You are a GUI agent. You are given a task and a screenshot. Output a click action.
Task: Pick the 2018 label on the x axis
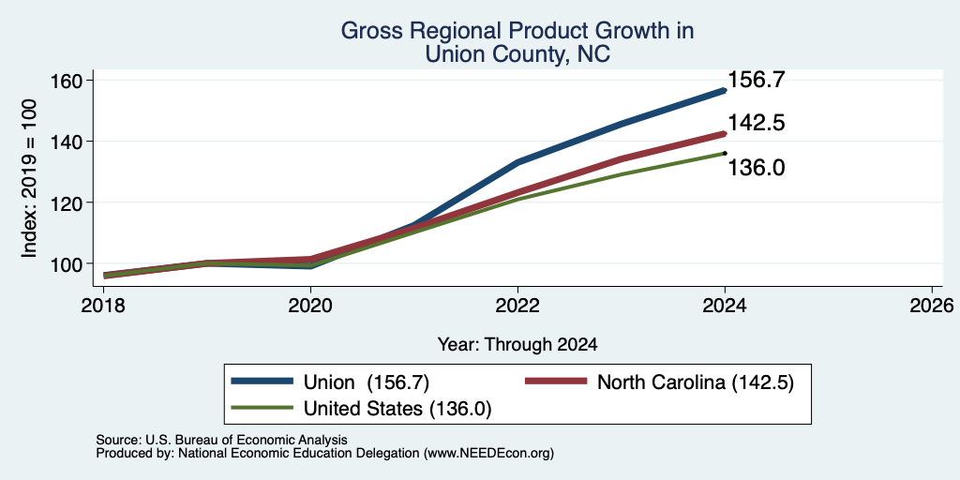click(x=103, y=305)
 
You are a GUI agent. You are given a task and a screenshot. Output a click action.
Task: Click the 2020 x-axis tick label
click(x=310, y=305)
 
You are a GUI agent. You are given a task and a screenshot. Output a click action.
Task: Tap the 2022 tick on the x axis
click(x=517, y=305)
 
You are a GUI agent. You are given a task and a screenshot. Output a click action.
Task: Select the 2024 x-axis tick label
click(x=725, y=305)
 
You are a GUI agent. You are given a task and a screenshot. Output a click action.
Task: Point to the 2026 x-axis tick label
click(x=932, y=305)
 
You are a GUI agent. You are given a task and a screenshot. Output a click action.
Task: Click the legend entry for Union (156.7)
click(x=330, y=382)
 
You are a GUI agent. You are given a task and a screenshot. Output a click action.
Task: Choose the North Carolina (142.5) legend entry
click(x=659, y=382)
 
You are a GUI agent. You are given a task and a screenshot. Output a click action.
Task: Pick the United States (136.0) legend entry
click(x=361, y=409)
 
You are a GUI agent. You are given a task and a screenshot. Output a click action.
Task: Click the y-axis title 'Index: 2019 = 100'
click(x=29, y=179)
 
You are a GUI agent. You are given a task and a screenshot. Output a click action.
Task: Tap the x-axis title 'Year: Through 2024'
click(x=517, y=345)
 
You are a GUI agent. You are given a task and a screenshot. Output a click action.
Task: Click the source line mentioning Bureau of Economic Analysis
click(x=221, y=440)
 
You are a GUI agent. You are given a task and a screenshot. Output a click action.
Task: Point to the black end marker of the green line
click(x=725, y=153)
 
